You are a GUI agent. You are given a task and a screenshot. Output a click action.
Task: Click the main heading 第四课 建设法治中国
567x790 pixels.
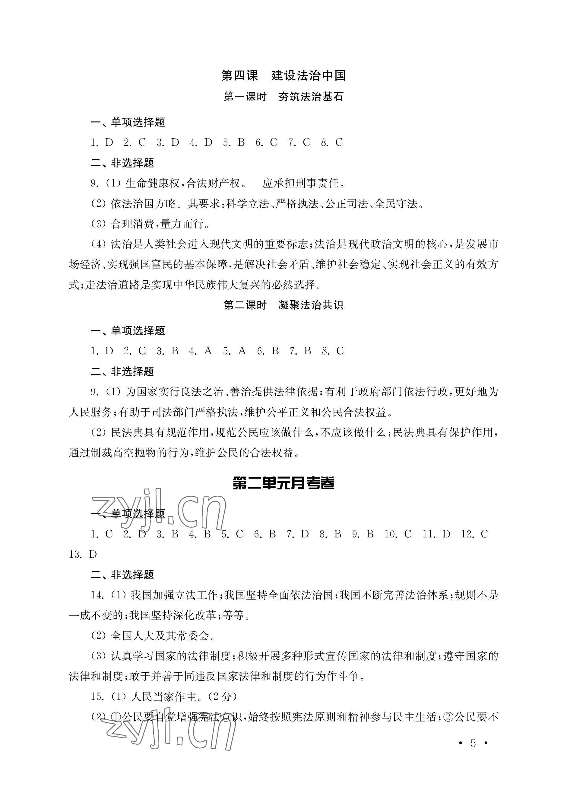tap(283, 75)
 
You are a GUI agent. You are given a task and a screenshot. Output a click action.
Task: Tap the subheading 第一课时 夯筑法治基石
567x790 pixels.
tap(283, 97)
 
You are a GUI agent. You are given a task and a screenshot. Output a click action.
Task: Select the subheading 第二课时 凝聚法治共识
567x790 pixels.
tap(283, 305)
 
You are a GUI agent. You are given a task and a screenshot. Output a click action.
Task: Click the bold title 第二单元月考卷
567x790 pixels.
tap(283, 483)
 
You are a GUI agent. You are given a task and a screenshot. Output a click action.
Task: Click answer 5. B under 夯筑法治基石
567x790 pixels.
tap(234, 142)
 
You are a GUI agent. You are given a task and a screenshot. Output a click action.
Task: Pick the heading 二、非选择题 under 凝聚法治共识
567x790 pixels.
tap(122, 371)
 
